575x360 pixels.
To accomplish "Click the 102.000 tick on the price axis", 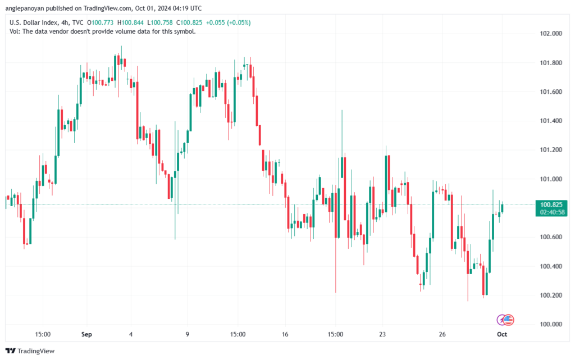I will coord(550,34).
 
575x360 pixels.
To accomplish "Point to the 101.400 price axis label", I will coord(550,121).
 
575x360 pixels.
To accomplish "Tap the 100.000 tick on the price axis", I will coord(550,324).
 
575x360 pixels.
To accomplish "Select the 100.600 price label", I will coord(550,237).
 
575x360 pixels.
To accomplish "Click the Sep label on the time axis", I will coord(86,335).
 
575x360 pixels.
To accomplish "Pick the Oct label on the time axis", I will coord(502,335).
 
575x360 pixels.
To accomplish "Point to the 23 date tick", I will coord(382,335).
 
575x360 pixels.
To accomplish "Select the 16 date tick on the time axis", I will coord(285,335).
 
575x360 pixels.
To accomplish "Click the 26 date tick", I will coord(442,335).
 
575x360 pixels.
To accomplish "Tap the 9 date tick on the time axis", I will coord(187,335).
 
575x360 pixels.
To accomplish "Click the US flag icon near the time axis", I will coord(509,320).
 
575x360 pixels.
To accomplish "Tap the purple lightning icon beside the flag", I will coord(502,320).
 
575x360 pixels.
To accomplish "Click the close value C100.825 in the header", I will coord(188,22).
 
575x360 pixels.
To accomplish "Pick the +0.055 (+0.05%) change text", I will coord(228,22).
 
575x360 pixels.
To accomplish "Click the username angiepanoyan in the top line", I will coord(29,8).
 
